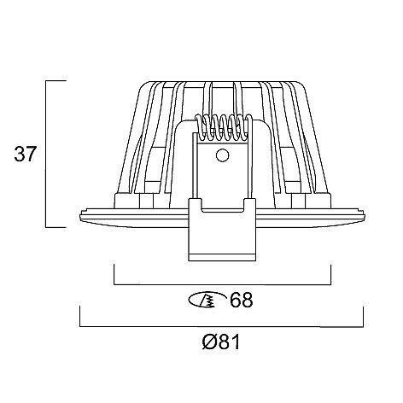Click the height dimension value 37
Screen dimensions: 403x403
tap(26, 154)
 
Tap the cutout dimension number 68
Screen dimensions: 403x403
tap(242, 300)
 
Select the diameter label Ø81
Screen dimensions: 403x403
tap(221, 342)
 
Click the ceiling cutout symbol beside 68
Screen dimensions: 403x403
tap(207, 300)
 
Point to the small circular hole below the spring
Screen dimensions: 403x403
tap(222, 155)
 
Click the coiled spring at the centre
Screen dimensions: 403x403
tap(223, 127)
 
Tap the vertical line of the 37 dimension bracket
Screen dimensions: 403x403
tap(46, 154)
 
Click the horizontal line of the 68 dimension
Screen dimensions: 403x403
tap(222, 284)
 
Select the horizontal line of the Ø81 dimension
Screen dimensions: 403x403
tap(221, 326)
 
